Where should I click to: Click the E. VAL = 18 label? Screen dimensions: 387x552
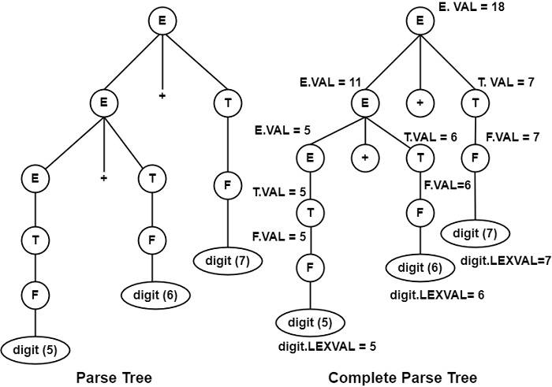coord(471,8)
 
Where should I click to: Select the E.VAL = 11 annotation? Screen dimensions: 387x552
coord(326,81)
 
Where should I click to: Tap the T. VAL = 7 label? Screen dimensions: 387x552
coord(505,81)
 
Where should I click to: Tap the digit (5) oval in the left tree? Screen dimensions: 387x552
coord(35,348)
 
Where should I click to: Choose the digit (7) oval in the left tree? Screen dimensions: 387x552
coord(229,258)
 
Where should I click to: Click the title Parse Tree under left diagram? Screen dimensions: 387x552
coord(114,378)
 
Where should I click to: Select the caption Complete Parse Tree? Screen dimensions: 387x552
coord(402,378)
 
